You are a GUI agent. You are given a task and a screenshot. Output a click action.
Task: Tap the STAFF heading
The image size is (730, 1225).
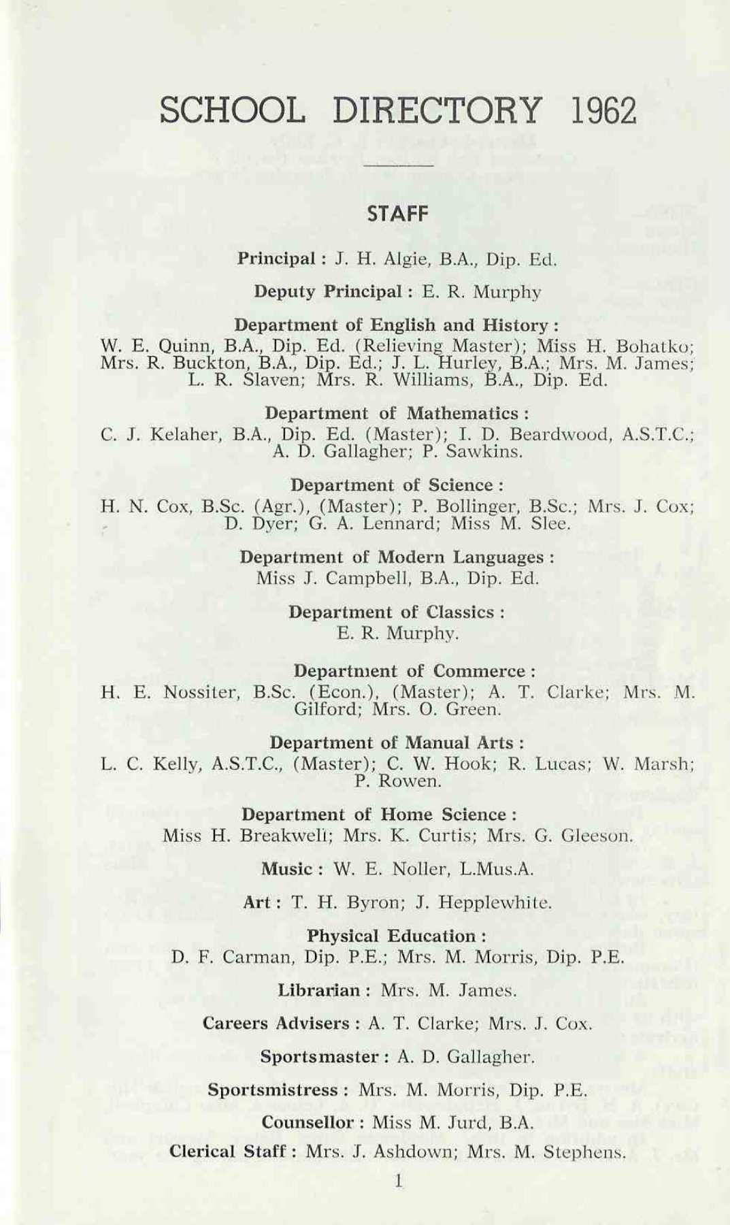pyautogui.click(x=398, y=214)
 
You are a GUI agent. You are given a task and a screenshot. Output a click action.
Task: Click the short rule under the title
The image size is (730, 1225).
pyautogui.click(x=398, y=165)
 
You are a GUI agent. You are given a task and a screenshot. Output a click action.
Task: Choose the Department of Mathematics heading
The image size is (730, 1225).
pyautogui.click(x=397, y=413)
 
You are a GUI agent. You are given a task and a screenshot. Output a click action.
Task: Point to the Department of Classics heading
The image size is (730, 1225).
pyautogui.click(x=397, y=612)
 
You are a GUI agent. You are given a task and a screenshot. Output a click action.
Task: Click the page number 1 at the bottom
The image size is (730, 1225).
pyautogui.click(x=399, y=1181)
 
